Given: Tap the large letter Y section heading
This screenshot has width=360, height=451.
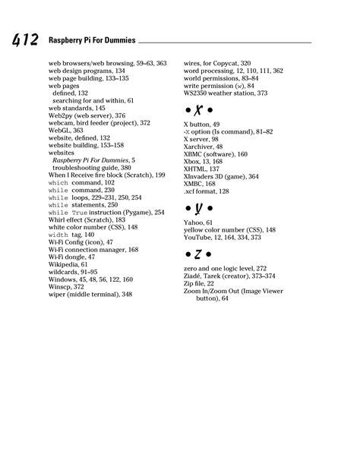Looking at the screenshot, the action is click(x=198, y=207).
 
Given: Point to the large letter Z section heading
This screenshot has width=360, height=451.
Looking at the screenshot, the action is click(x=198, y=252).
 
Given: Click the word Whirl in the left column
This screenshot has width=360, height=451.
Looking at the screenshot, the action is click(x=58, y=219).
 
